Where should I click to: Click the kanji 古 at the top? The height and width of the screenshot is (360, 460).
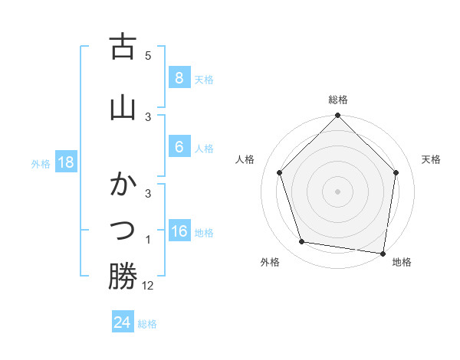[x=123, y=47]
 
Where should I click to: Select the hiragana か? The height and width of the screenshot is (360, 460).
[x=123, y=185]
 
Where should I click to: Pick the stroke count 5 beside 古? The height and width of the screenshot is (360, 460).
[x=148, y=56]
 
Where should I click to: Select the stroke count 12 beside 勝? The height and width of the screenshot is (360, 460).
[x=148, y=286]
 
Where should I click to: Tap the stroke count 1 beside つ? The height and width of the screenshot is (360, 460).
[x=148, y=240]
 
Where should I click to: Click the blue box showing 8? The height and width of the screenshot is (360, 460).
[x=179, y=77]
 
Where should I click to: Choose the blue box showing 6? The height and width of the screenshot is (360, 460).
[x=179, y=147]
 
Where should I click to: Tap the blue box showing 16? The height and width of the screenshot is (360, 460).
[x=179, y=231]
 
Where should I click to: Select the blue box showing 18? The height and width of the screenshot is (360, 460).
[x=65, y=162]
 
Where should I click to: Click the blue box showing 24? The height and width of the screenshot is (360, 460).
[x=122, y=322]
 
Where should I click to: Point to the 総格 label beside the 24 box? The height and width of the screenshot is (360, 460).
[x=147, y=324]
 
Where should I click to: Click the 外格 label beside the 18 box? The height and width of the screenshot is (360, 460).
[x=41, y=163]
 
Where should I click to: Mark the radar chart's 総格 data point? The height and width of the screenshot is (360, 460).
[x=337, y=116]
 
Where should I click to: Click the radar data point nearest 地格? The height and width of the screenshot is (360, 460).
[x=383, y=252]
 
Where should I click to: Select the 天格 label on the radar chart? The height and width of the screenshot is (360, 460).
[x=431, y=159]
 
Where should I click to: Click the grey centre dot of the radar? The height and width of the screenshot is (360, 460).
[x=337, y=191]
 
